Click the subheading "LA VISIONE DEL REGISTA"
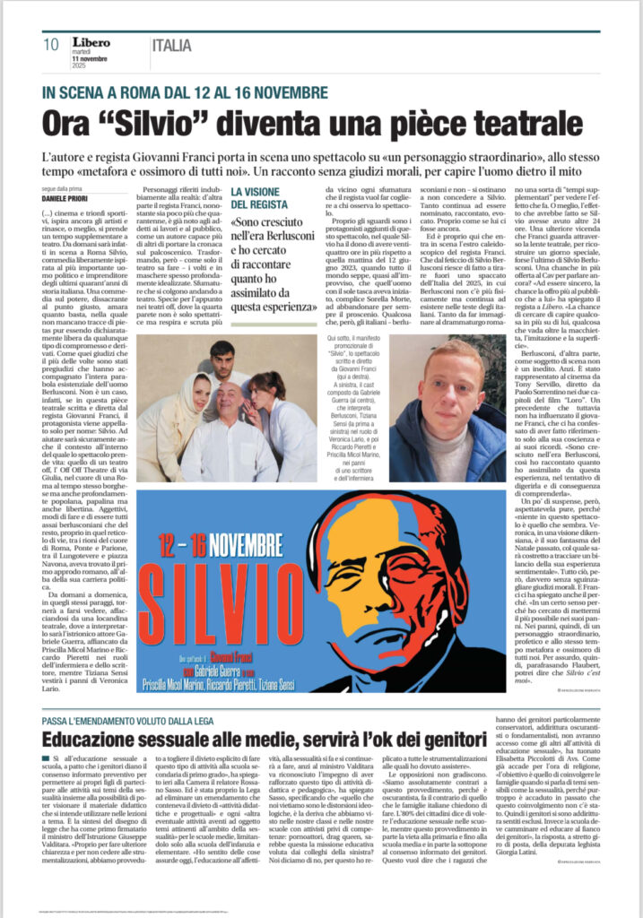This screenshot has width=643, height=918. coord(262,198)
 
